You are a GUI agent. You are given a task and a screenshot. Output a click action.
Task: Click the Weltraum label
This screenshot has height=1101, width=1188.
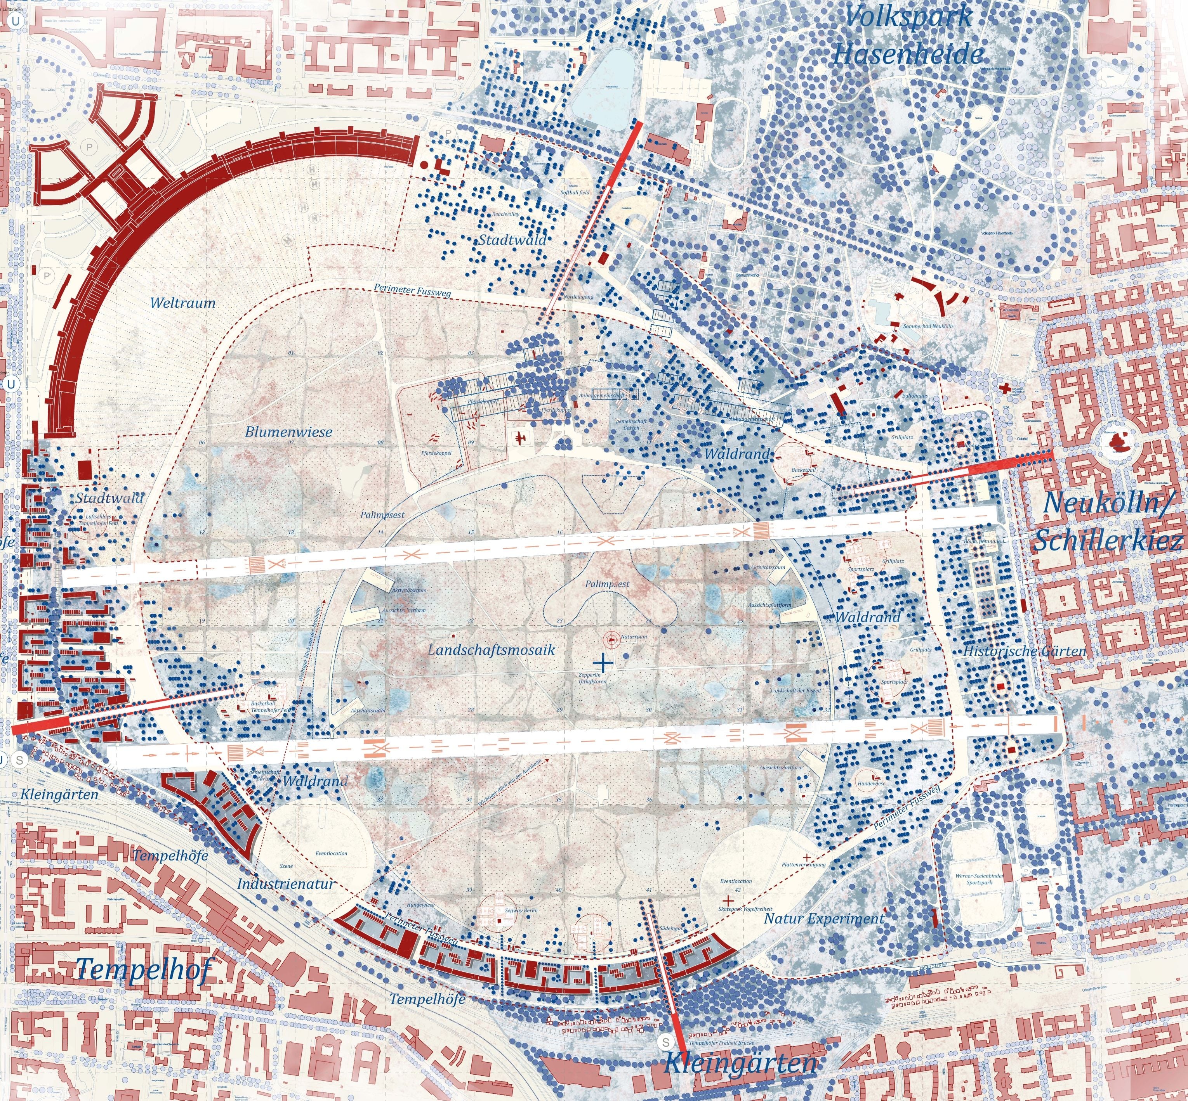[x=182, y=303]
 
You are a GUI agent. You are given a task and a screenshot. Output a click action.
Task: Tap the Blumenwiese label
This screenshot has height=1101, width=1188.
[x=288, y=432]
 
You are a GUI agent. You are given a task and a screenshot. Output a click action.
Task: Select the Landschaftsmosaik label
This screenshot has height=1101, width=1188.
[x=492, y=650]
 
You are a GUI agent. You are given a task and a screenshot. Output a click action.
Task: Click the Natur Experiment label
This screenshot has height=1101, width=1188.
[x=824, y=919]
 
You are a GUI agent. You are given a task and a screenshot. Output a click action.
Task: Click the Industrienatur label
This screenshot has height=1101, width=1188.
[x=286, y=883]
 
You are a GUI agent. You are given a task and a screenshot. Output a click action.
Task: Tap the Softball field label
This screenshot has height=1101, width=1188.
[x=575, y=193]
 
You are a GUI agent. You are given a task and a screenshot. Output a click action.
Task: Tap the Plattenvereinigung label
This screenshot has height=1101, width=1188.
[x=804, y=864]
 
